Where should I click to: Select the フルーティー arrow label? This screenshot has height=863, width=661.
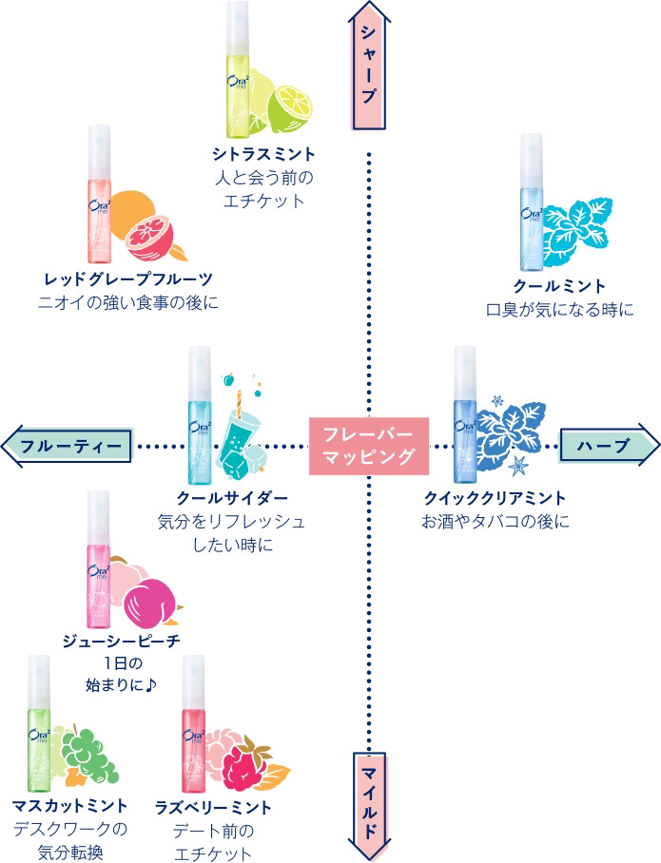pyautogui.click(x=70, y=446)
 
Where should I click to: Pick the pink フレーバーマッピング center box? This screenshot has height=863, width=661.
pyautogui.click(x=367, y=445)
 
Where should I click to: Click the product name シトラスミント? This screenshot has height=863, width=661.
pyautogui.click(x=263, y=154)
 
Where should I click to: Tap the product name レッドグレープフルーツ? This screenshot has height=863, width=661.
pyautogui.click(x=128, y=278)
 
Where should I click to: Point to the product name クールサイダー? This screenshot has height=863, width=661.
pyautogui.click(x=233, y=498)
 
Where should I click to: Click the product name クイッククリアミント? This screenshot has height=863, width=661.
pyautogui.click(x=496, y=497)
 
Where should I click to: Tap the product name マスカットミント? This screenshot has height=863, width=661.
pyautogui.click(x=70, y=806)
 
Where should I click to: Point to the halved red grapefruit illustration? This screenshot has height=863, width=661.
pyautogui.click(x=150, y=235)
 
